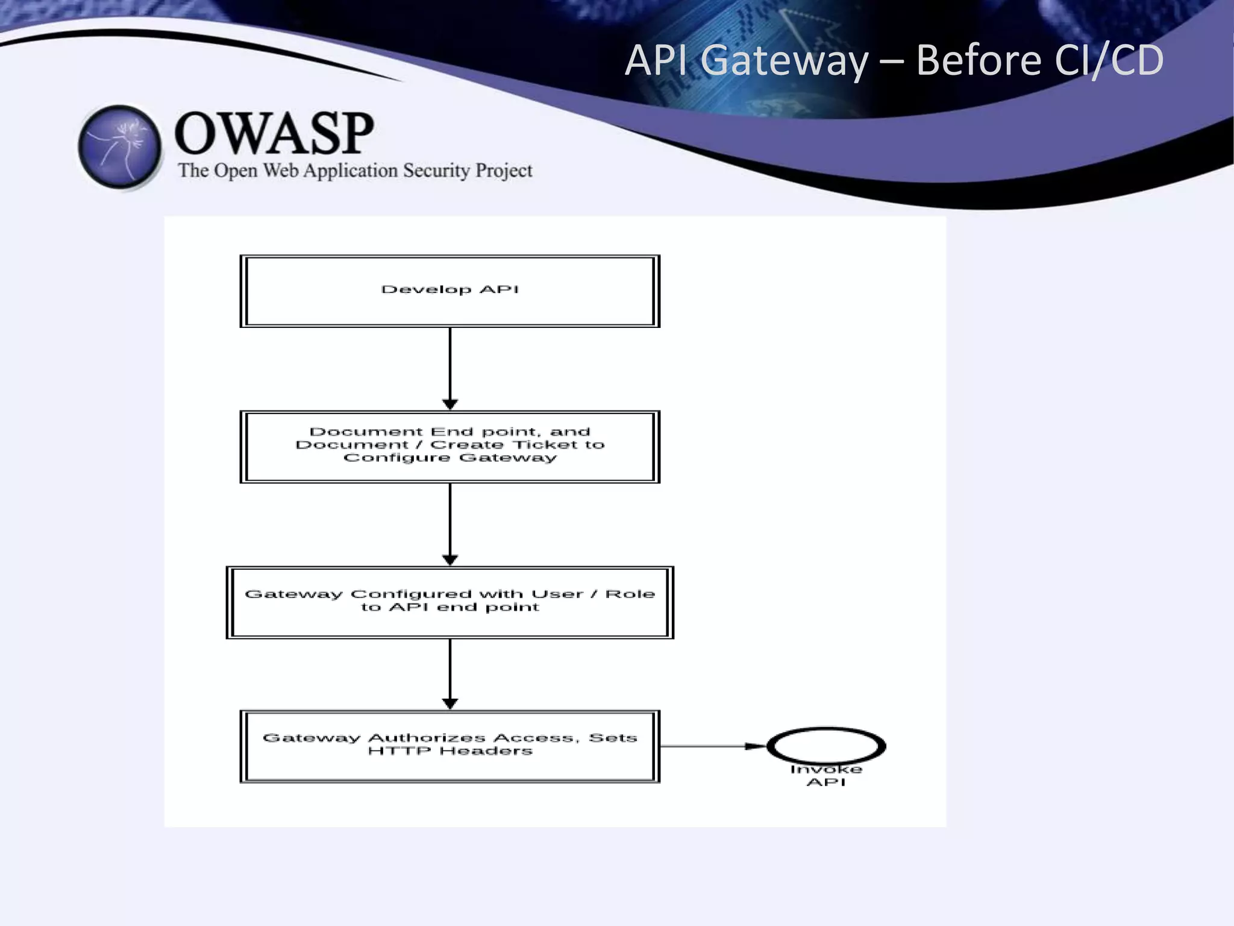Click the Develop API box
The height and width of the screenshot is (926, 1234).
[449, 291]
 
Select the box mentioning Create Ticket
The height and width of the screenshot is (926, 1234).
[449, 447]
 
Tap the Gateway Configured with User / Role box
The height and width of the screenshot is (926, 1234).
[449, 602]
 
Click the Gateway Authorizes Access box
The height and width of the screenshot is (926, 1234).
[449, 746]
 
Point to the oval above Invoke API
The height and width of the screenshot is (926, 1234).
[826, 746]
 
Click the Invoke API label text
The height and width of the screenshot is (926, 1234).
[826, 776]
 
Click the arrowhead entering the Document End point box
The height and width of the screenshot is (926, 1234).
[450, 404]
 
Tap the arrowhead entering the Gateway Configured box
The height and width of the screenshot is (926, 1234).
[450, 559]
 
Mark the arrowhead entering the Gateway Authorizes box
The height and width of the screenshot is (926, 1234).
[450, 704]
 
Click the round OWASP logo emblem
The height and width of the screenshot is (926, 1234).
[121, 147]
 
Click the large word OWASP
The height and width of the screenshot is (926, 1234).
[274, 133]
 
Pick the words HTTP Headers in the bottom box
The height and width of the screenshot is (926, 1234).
[450, 751]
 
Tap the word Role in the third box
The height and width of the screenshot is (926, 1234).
[630, 594]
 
